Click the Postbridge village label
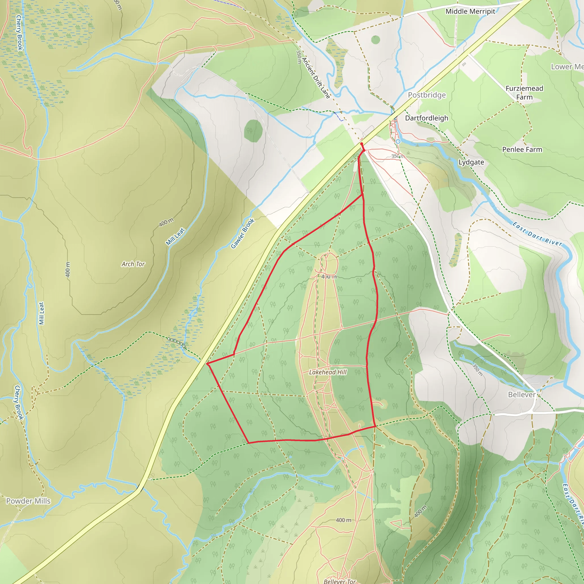427,95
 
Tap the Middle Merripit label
470,11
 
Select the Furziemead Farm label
524,92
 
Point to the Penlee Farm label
522,150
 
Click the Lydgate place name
471,162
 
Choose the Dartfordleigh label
427,118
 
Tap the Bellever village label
522,394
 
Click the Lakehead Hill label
328,372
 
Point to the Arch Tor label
133,264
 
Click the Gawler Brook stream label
242,234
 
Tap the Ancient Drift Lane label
316,78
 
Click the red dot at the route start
362,144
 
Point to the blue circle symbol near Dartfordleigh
398,141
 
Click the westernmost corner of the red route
207,364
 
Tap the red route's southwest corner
248,443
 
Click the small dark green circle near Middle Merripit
376,40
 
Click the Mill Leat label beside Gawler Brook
175,236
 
